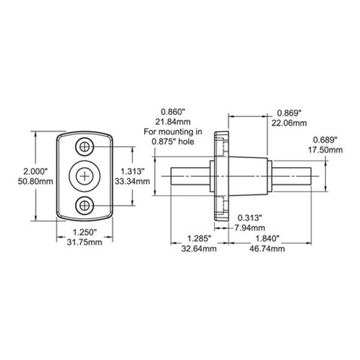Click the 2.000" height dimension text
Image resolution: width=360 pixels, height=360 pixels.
pyautogui.click(x=35, y=171)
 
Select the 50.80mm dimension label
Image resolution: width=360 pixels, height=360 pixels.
pyautogui.click(x=35, y=181)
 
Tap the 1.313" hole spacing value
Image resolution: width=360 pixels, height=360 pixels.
pyautogui.click(x=133, y=171)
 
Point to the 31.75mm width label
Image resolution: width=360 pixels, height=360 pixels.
pyautogui.click(x=85, y=242)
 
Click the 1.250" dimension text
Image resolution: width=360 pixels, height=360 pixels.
pyautogui.click(x=85, y=232)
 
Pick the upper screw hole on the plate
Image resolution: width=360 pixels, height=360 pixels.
pyautogui.click(x=85, y=147)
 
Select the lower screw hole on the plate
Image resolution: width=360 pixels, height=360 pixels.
pyautogui.click(x=85, y=206)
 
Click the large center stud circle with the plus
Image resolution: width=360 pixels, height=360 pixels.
pyautogui.click(x=85, y=176)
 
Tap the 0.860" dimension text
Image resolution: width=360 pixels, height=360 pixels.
pyautogui.click(x=173, y=112)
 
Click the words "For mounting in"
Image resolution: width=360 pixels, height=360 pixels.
pyautogui.click(x=173, y=132)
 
